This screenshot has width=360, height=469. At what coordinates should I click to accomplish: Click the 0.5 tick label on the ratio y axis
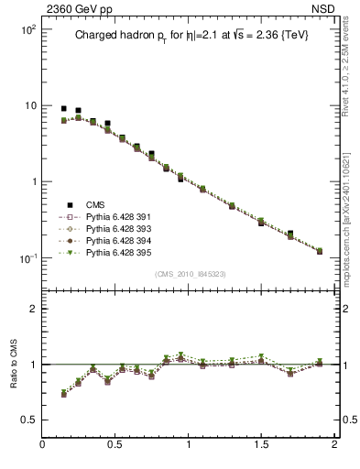point(28,420)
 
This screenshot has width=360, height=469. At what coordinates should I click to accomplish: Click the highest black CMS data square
point(63,108)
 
